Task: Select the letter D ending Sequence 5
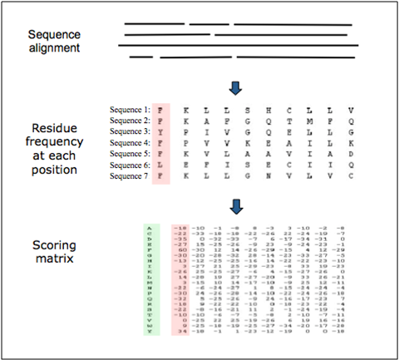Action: [x=352, y=155]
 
